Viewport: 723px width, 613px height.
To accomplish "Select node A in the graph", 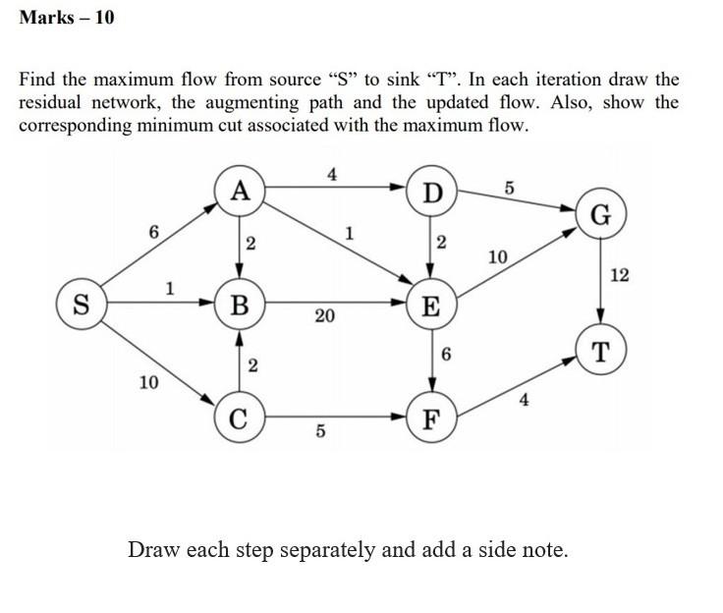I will tap(240, 190).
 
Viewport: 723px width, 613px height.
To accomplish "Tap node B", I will tap(240, 303).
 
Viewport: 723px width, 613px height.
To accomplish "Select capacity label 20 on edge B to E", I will tap(324, 316).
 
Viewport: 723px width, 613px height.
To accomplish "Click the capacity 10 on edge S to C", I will tap(148, 382).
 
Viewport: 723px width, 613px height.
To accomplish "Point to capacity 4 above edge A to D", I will tap(332, 174).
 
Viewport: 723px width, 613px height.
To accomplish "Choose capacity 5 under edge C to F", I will tap(320, 433).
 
